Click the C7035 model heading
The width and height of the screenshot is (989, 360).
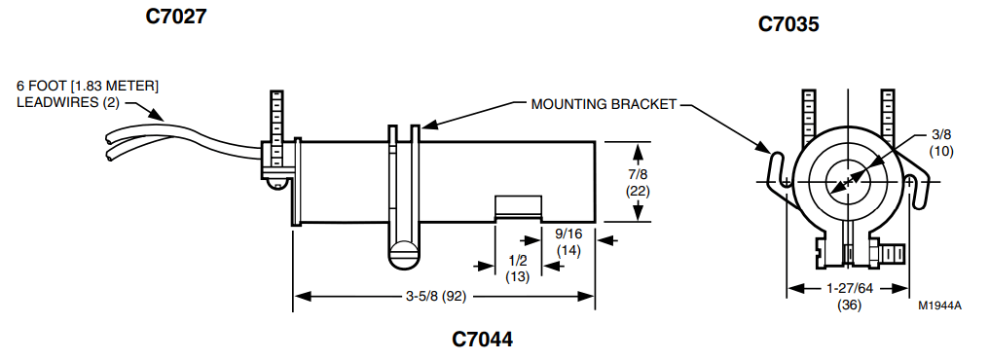[x=788, y=23]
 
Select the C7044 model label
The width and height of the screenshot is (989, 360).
[x=482, y=340]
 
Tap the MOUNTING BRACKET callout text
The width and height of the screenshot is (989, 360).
[x=604, y=104]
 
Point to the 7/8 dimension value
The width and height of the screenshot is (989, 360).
[x=638, y=174]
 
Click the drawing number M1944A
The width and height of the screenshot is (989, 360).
[x=939, y=306]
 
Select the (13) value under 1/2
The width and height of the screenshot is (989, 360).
[x=519, y=276]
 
